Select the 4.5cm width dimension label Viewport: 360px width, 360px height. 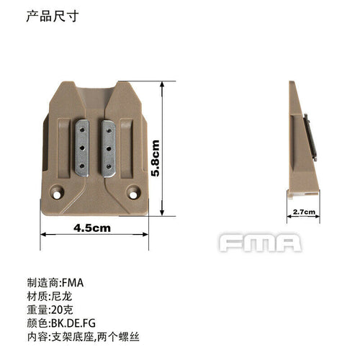(x=93, y=228)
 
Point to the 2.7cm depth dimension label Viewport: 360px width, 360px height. (x=305, y=212)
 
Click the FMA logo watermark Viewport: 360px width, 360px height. (x=260, y=243)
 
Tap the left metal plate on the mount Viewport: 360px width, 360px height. (x=84, y=147)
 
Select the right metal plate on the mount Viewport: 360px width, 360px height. (x=110, y=147)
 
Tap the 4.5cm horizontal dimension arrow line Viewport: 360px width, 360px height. (x=94, y=235)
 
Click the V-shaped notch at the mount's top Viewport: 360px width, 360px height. (x=97, y=97)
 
